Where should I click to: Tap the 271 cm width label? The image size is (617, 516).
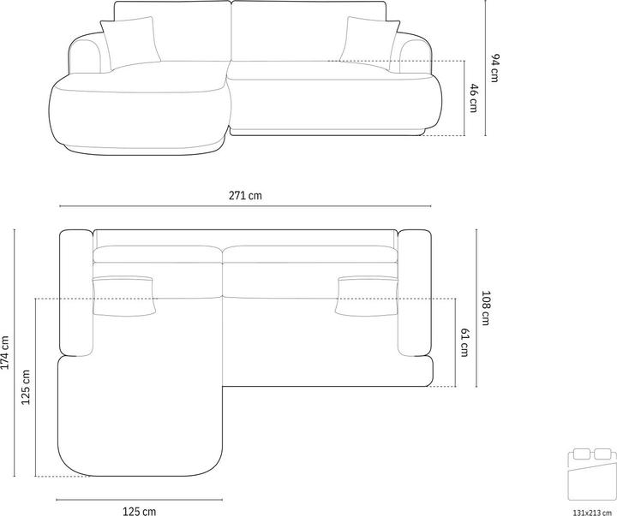pos(247,196)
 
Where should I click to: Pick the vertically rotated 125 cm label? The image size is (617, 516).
pos(26,387)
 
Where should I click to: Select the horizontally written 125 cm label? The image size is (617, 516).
pos(140,512)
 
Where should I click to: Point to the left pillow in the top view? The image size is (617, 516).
pos(124,294)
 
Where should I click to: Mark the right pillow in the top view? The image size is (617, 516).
pos(368,294)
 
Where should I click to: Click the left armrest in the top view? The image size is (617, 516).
pos(76,293)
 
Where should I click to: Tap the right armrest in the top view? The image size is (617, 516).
pos(415,293)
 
